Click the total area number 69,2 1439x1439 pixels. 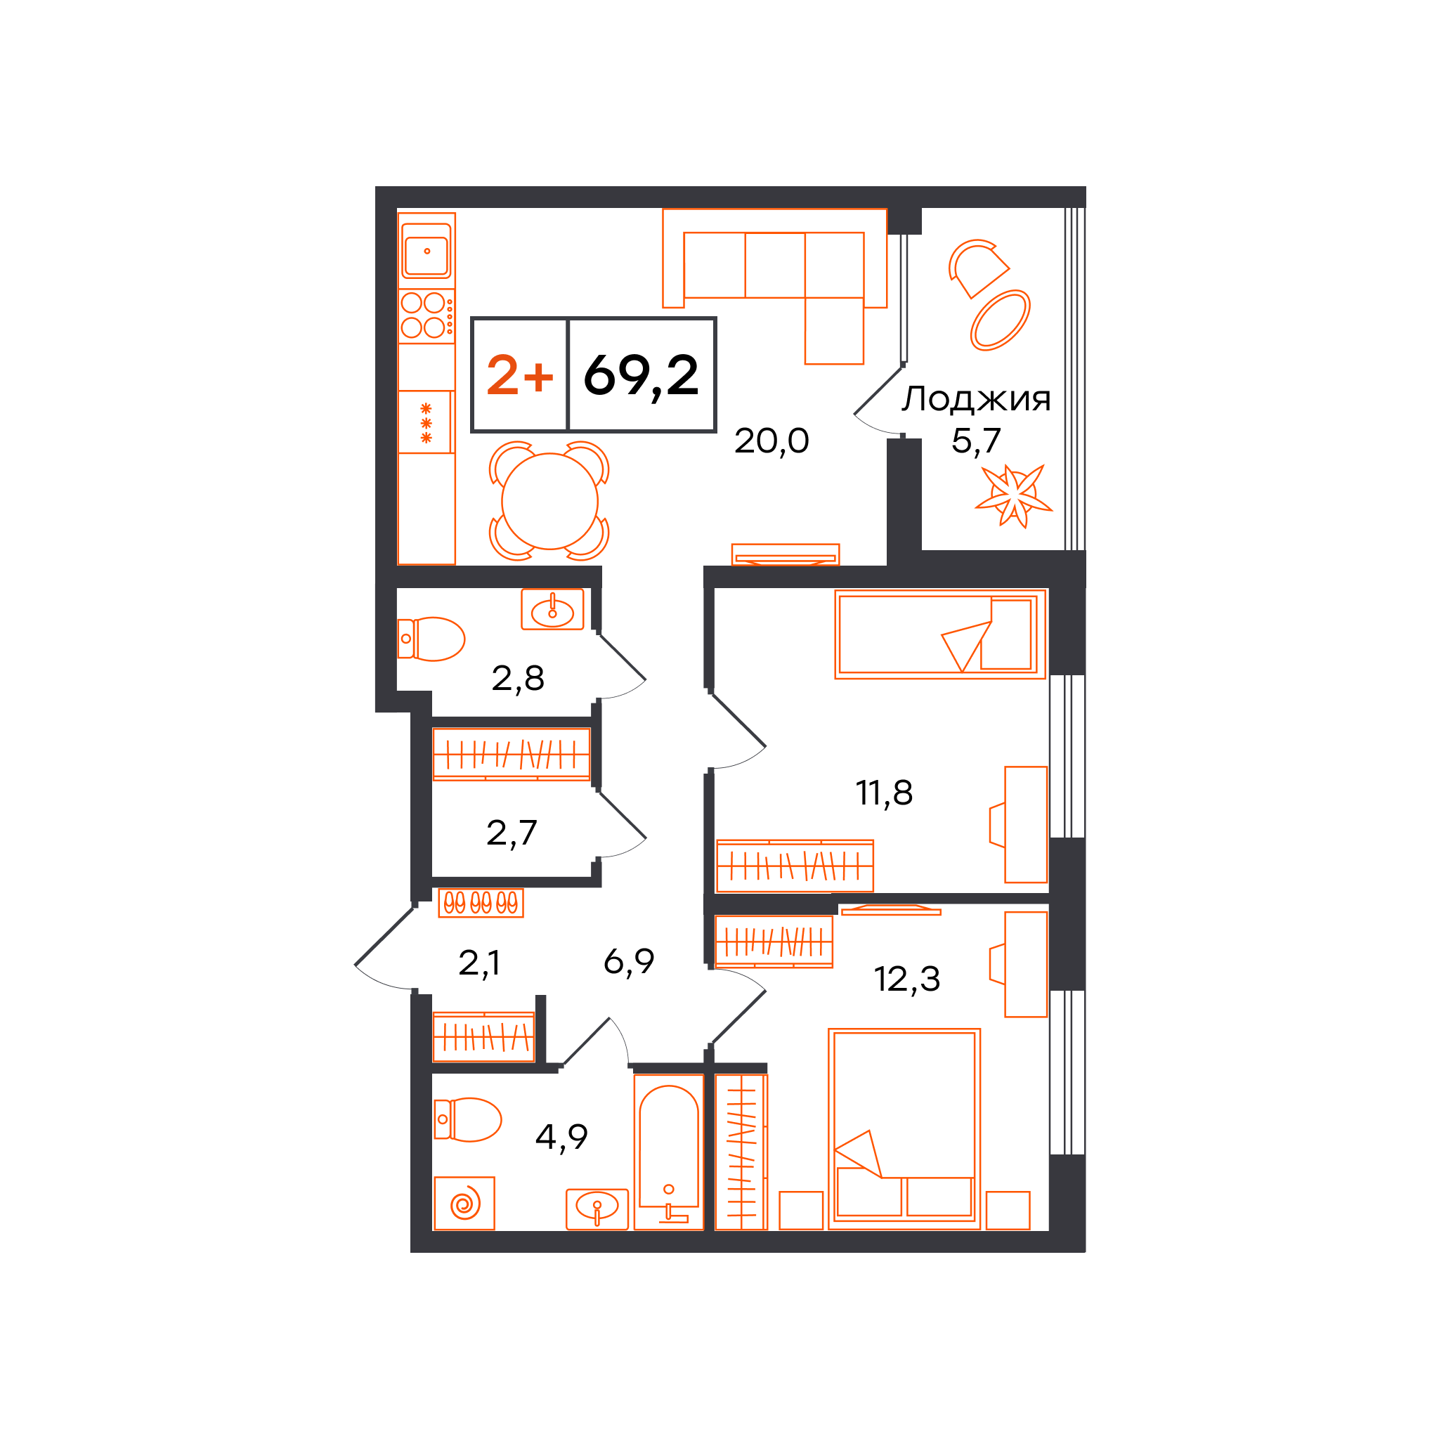click(641, 375)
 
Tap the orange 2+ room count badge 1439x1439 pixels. click(520, 375)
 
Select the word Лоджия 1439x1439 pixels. click(976, 399)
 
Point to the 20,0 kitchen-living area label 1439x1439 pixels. click(771, 441)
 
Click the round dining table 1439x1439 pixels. click(549, 500)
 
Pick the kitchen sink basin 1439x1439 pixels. click(427, 251)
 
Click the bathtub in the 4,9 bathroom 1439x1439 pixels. click(668, 1152)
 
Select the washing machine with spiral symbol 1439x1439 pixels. click(464, 1203)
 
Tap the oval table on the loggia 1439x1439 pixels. click(1000, 320)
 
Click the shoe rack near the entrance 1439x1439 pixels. click(481, 904)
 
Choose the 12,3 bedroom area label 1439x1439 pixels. click(906, 979)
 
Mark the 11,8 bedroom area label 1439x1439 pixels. click(883, 793)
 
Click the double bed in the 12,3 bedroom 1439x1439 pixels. click(904, 1128)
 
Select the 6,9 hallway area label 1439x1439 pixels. click(629, 962)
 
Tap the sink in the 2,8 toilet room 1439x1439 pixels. click(552, 609)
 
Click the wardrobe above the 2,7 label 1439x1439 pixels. click(512, 754)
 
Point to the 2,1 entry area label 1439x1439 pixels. click(479, 964)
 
